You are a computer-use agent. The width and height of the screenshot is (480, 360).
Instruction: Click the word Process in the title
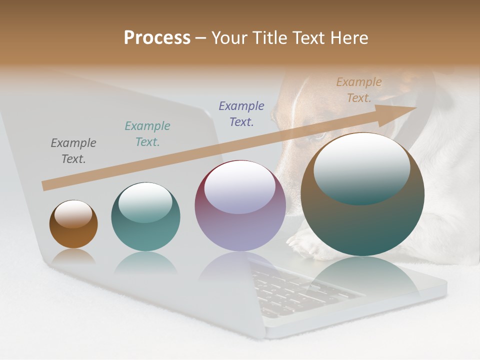pos(157,38)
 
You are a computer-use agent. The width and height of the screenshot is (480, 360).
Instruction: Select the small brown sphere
pos(73,224)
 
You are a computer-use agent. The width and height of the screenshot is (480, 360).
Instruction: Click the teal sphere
pos(145,217)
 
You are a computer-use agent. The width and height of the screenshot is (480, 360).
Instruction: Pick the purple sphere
pos(240,205)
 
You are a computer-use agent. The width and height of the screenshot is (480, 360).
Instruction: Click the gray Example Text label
pos(73,151)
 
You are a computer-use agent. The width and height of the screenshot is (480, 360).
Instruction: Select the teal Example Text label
pos(147,134)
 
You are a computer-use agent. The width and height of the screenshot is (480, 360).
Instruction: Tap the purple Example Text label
pos(241,114)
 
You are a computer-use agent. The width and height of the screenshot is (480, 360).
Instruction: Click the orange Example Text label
pos(359,90)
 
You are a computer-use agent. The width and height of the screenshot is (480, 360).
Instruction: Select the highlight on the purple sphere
pos(240,187)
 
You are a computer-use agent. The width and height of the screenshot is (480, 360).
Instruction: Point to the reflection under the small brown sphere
pos(73,257)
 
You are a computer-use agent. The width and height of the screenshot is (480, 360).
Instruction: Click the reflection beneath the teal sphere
pos(145,262)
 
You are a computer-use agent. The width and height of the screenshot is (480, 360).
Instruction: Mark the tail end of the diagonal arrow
pos(45,186)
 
